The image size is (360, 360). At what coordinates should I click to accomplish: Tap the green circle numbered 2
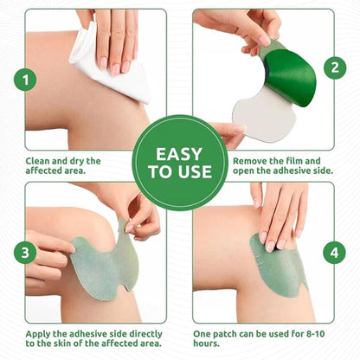[x=334, y=67]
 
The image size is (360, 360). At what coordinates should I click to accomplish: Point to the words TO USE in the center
[x=179, y=171]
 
